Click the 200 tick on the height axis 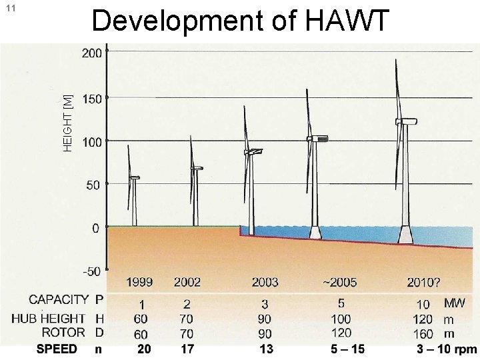[92, 53]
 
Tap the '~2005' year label [339, 283]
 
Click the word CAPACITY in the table [58, 300]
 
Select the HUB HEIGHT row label [48, 318]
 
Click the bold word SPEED [57, 349]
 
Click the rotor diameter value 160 [423, 333]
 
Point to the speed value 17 [187, 349]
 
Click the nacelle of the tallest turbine [406, 121]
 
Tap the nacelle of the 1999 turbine [135, 177]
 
